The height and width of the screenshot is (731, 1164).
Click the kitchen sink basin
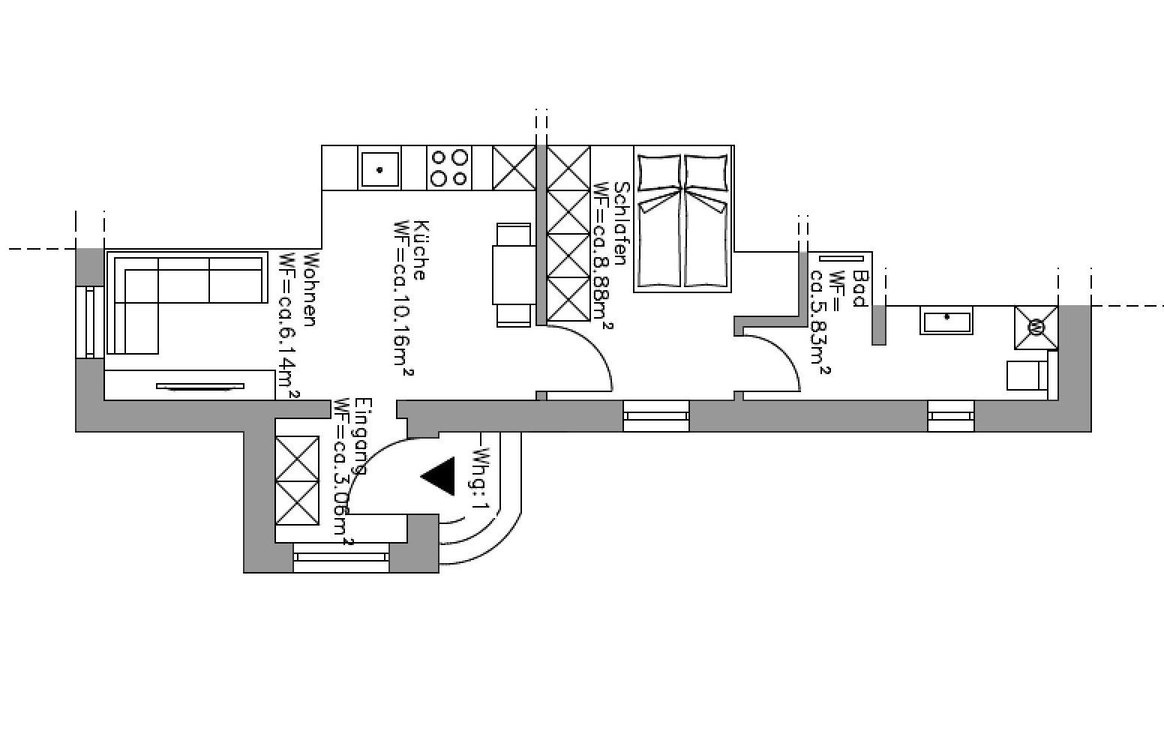(379, 169)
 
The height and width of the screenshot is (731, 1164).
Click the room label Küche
(420, 250)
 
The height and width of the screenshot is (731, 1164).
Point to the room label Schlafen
(620, 223)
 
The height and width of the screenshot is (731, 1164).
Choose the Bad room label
(859, 289)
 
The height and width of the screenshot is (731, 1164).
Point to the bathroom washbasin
(946, 321)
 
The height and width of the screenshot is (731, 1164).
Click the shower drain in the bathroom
(1036, 328)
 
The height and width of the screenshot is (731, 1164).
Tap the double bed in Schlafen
(682, 221)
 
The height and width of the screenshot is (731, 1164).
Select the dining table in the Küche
(513, 274)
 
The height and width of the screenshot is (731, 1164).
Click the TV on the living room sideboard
(200, 387)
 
